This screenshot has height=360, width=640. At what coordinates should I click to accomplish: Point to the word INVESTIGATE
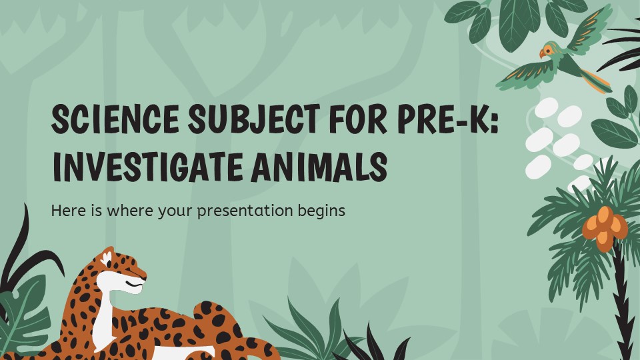point(148,167)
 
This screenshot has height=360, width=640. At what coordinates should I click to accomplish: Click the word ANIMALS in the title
point(319,167)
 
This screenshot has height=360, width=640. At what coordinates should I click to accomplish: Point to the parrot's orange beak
point(541,54)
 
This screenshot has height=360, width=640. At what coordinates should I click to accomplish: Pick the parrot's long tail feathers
point(596,81)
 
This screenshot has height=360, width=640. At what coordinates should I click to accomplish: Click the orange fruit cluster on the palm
point(605,228)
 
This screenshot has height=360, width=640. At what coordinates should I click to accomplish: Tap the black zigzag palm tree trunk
point(623,302)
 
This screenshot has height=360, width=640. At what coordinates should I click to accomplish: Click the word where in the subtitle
point(130,211)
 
